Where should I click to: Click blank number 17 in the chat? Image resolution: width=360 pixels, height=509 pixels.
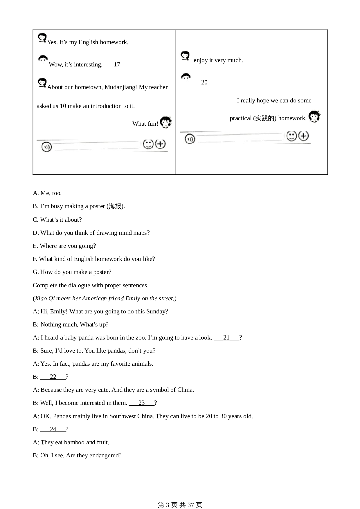(x=117, y=65)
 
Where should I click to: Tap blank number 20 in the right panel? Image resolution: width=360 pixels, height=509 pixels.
(x=204, y=83)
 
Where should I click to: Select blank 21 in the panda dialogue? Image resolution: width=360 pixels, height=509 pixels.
(x=226, y=337)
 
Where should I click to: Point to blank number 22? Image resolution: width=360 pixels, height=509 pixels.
(x=53, y=377)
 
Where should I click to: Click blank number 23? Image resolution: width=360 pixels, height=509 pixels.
(x=142, y=403)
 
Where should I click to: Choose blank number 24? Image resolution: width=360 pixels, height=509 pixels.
(x=53, y=429)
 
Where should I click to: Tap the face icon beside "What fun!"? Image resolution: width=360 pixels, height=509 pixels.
(x=166, y=122)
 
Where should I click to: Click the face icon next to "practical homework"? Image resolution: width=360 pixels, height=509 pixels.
(x=314, y=116)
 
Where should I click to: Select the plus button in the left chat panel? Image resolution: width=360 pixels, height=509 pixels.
(x=160, y=144)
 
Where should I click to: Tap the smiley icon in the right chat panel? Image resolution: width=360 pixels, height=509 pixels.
(x=291, y=136)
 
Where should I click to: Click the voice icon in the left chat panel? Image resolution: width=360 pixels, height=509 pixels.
(x=46, y=147)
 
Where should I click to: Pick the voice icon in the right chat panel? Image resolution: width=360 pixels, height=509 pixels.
(x=190, y=139)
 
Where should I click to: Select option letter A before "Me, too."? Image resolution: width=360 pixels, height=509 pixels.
(x=35, y=193)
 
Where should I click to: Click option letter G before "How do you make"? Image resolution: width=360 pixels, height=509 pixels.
(x=36, y=272)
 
